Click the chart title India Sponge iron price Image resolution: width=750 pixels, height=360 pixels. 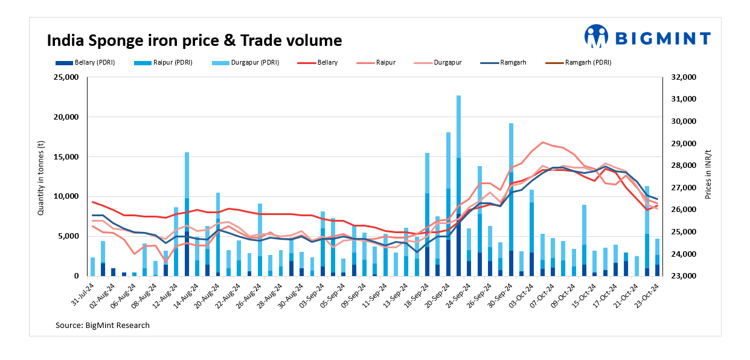coord(194,40)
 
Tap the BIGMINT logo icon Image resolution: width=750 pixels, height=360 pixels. coord(596,36)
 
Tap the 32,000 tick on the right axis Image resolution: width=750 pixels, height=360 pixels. coord(684,77)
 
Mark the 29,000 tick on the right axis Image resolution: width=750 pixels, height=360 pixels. coord(684,144)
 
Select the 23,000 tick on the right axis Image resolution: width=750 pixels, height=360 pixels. coord(684,276)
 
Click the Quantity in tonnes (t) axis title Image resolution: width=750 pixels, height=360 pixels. coord(41,176)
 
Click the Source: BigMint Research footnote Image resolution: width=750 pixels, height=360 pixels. coord(103,326)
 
